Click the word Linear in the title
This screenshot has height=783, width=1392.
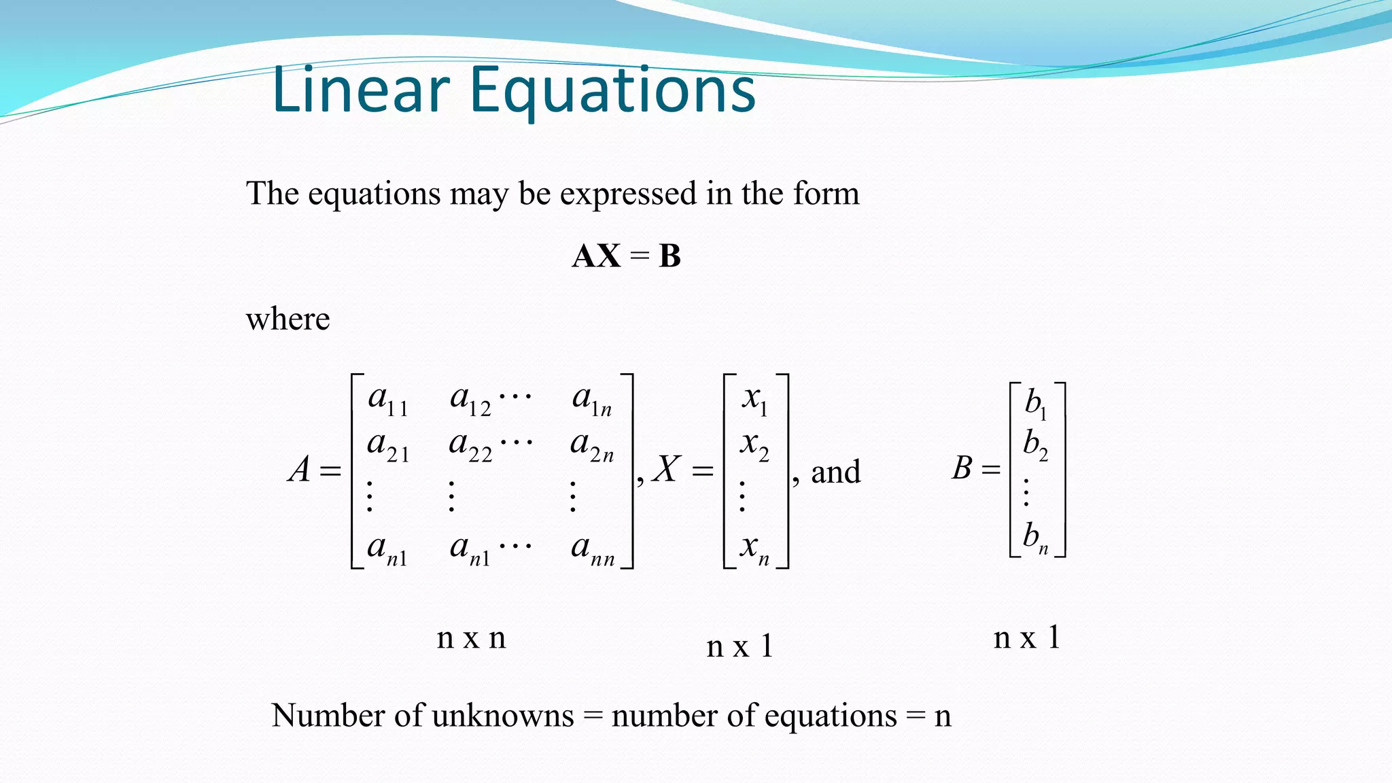point(361,90)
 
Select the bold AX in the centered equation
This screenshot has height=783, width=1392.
point(596,256)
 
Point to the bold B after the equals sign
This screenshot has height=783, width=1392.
point(669,256)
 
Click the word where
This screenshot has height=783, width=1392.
point(288,319)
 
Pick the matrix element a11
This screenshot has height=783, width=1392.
point(387,400)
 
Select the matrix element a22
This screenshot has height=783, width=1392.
point(470,446)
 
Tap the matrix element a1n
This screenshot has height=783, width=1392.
point(592,400)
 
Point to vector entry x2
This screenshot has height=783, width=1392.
point(754,446)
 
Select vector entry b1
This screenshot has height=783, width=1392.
point(1036,404)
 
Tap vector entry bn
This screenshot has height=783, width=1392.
point(1036,537)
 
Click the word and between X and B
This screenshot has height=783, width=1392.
point(835,472)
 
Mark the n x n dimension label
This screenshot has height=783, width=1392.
point(471,638)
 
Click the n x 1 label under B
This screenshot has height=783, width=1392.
point(1026,638)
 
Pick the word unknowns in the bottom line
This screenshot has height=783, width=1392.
point(502,716)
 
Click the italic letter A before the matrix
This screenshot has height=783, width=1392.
point(300,470)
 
